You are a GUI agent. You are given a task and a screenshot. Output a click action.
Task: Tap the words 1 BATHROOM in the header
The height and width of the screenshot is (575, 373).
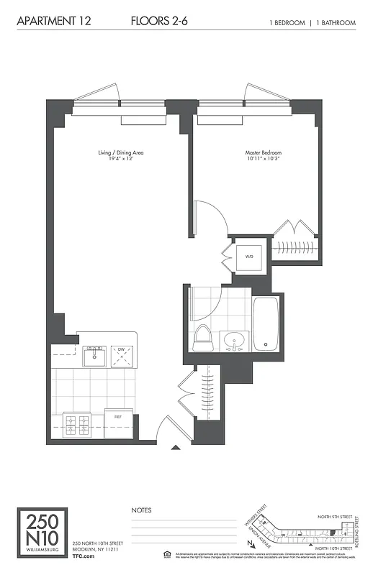[x=335, y=23]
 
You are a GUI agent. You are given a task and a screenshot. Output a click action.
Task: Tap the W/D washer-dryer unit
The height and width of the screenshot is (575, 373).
[x=249, y=255]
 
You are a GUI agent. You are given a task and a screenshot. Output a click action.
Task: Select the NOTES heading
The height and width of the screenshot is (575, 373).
[x=141, y=510]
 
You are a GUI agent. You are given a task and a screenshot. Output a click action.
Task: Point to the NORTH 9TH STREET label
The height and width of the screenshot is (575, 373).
[x=336, y=516]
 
